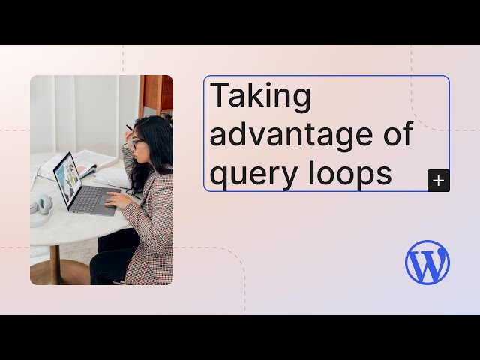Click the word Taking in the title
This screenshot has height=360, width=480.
[260, 97]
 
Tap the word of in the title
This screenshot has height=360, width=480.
[397, 135]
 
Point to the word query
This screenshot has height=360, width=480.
[253, 174]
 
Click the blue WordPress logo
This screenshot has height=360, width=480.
[427, 262]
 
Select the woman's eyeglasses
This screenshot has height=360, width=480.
[137, 142]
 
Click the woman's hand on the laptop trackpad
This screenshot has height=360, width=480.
[113, 200]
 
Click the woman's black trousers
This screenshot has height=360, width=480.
[112, 259]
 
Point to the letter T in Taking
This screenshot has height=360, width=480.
[219, 97]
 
